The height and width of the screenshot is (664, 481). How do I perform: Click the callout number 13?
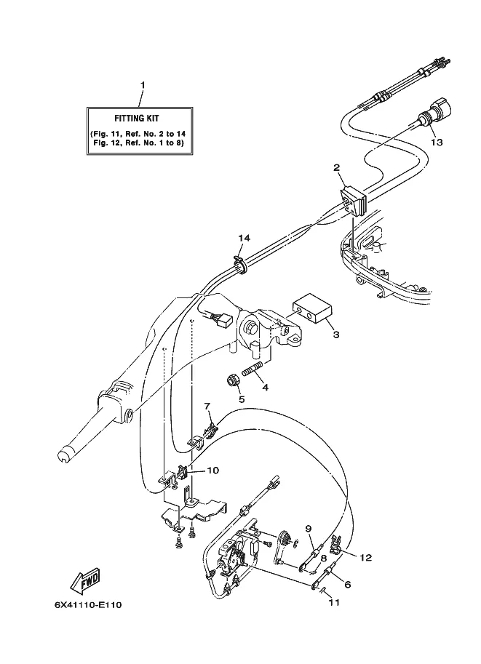pyautogui.click(x=437, y=143)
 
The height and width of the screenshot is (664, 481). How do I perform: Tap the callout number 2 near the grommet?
pyautogui.click(x=336, y=168)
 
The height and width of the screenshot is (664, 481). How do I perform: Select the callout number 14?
pyautogui.click(x=244, y=238)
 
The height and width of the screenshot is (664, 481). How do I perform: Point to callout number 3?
pyautogui.click(x=335, y=335)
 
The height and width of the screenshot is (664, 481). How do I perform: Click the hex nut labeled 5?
pyautogui.click(x=232, y=380)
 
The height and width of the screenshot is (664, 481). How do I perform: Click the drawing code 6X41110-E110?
pyautogui.click(x=88, y=604)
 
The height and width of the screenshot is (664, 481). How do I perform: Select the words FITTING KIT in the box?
pyautogui.click(x=137, y=119)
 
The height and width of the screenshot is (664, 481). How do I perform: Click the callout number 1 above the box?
pyautogui.click(x=143, y=85)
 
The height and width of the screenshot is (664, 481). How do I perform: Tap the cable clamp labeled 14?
pyautogui.click(x=240, y=264)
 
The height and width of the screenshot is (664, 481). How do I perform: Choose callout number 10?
pyautogui.click(x=212, y=471)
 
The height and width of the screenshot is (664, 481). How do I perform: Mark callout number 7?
pyautogui.click(x=207, y=407)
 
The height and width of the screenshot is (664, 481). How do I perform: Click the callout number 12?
pyautogui.click(x=365, y=558)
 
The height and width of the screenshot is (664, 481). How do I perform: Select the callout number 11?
pyautogui.click(x=334, y=602)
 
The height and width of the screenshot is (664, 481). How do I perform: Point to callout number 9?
pyautogui.click(x=308, y=529)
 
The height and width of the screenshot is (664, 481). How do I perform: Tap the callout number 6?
pyautogui.click(x=348, y=585)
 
